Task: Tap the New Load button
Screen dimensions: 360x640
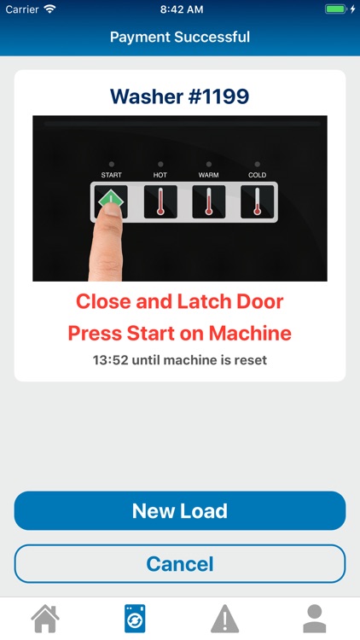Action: pos(180,510)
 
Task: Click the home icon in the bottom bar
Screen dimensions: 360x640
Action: pos(45,619)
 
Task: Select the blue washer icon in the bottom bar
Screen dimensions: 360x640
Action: pos(135,619)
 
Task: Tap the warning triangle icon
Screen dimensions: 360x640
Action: pos(225,619)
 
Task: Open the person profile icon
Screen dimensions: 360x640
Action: pos(315,619)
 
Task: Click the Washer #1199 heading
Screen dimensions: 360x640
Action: pos(180,96)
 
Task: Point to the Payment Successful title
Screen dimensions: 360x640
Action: pos(180,38)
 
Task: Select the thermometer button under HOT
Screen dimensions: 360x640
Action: pos(160,201)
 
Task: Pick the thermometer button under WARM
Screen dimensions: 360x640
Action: pos(208,201)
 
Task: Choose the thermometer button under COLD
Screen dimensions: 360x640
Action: pos(257,201)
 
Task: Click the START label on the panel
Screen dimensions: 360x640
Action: pos(112,175)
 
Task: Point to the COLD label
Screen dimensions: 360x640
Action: pos(257,175)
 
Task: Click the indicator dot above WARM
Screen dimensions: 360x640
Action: pos(209,164)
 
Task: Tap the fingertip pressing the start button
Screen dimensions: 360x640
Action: pos(111,209)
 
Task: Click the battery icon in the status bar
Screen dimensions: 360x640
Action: pos(336,9)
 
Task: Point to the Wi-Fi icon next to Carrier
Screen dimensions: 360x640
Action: pos(50,9)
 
